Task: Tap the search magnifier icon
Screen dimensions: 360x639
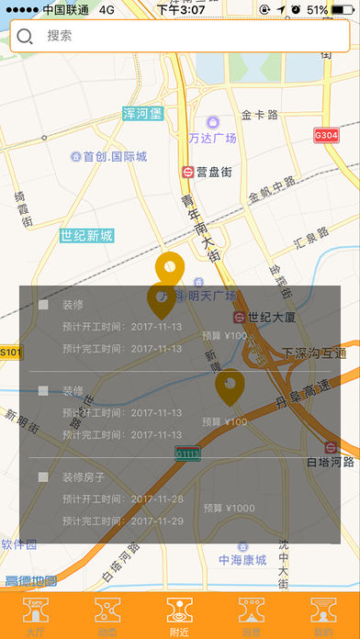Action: (26, 37)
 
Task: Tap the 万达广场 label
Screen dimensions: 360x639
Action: (212, 138)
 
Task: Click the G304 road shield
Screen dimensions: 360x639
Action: (326, 135)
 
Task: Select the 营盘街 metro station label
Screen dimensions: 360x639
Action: (212, 172)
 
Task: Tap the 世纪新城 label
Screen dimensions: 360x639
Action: (86, 236)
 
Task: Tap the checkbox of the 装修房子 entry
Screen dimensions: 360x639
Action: (43, 476)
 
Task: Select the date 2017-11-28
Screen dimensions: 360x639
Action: (157, 499)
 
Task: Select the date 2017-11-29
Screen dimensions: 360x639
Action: (157, 521)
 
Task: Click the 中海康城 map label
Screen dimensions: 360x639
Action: (242, 560)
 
